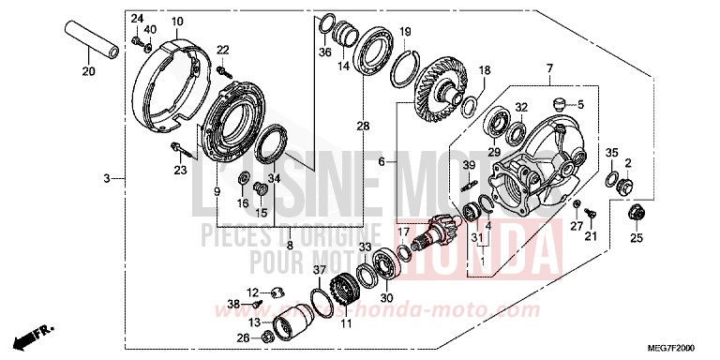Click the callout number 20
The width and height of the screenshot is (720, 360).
[x=88, y=72]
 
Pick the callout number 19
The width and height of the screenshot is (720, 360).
[x=404, y=33]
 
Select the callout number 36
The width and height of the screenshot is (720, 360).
[x=324, y=52]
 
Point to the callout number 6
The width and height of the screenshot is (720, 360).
[x=382, y=162]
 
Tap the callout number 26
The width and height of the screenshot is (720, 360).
[x=243, y=337]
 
